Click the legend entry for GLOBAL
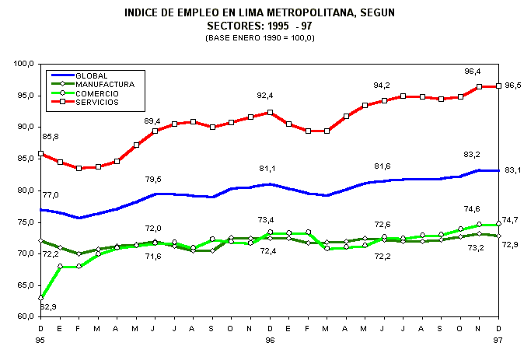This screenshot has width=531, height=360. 93,75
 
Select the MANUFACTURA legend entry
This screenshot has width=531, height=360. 105,83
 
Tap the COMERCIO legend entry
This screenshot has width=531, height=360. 98,93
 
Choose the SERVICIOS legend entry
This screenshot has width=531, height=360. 99,102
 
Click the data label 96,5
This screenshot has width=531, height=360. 513,86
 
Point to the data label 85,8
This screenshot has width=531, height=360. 50,137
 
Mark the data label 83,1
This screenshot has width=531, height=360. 513,170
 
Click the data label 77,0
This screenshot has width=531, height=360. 50,195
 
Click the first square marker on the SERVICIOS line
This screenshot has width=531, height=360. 41,153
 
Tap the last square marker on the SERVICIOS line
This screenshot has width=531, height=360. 498,86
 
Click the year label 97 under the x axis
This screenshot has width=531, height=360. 498,341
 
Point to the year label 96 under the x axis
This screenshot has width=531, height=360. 270,341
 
